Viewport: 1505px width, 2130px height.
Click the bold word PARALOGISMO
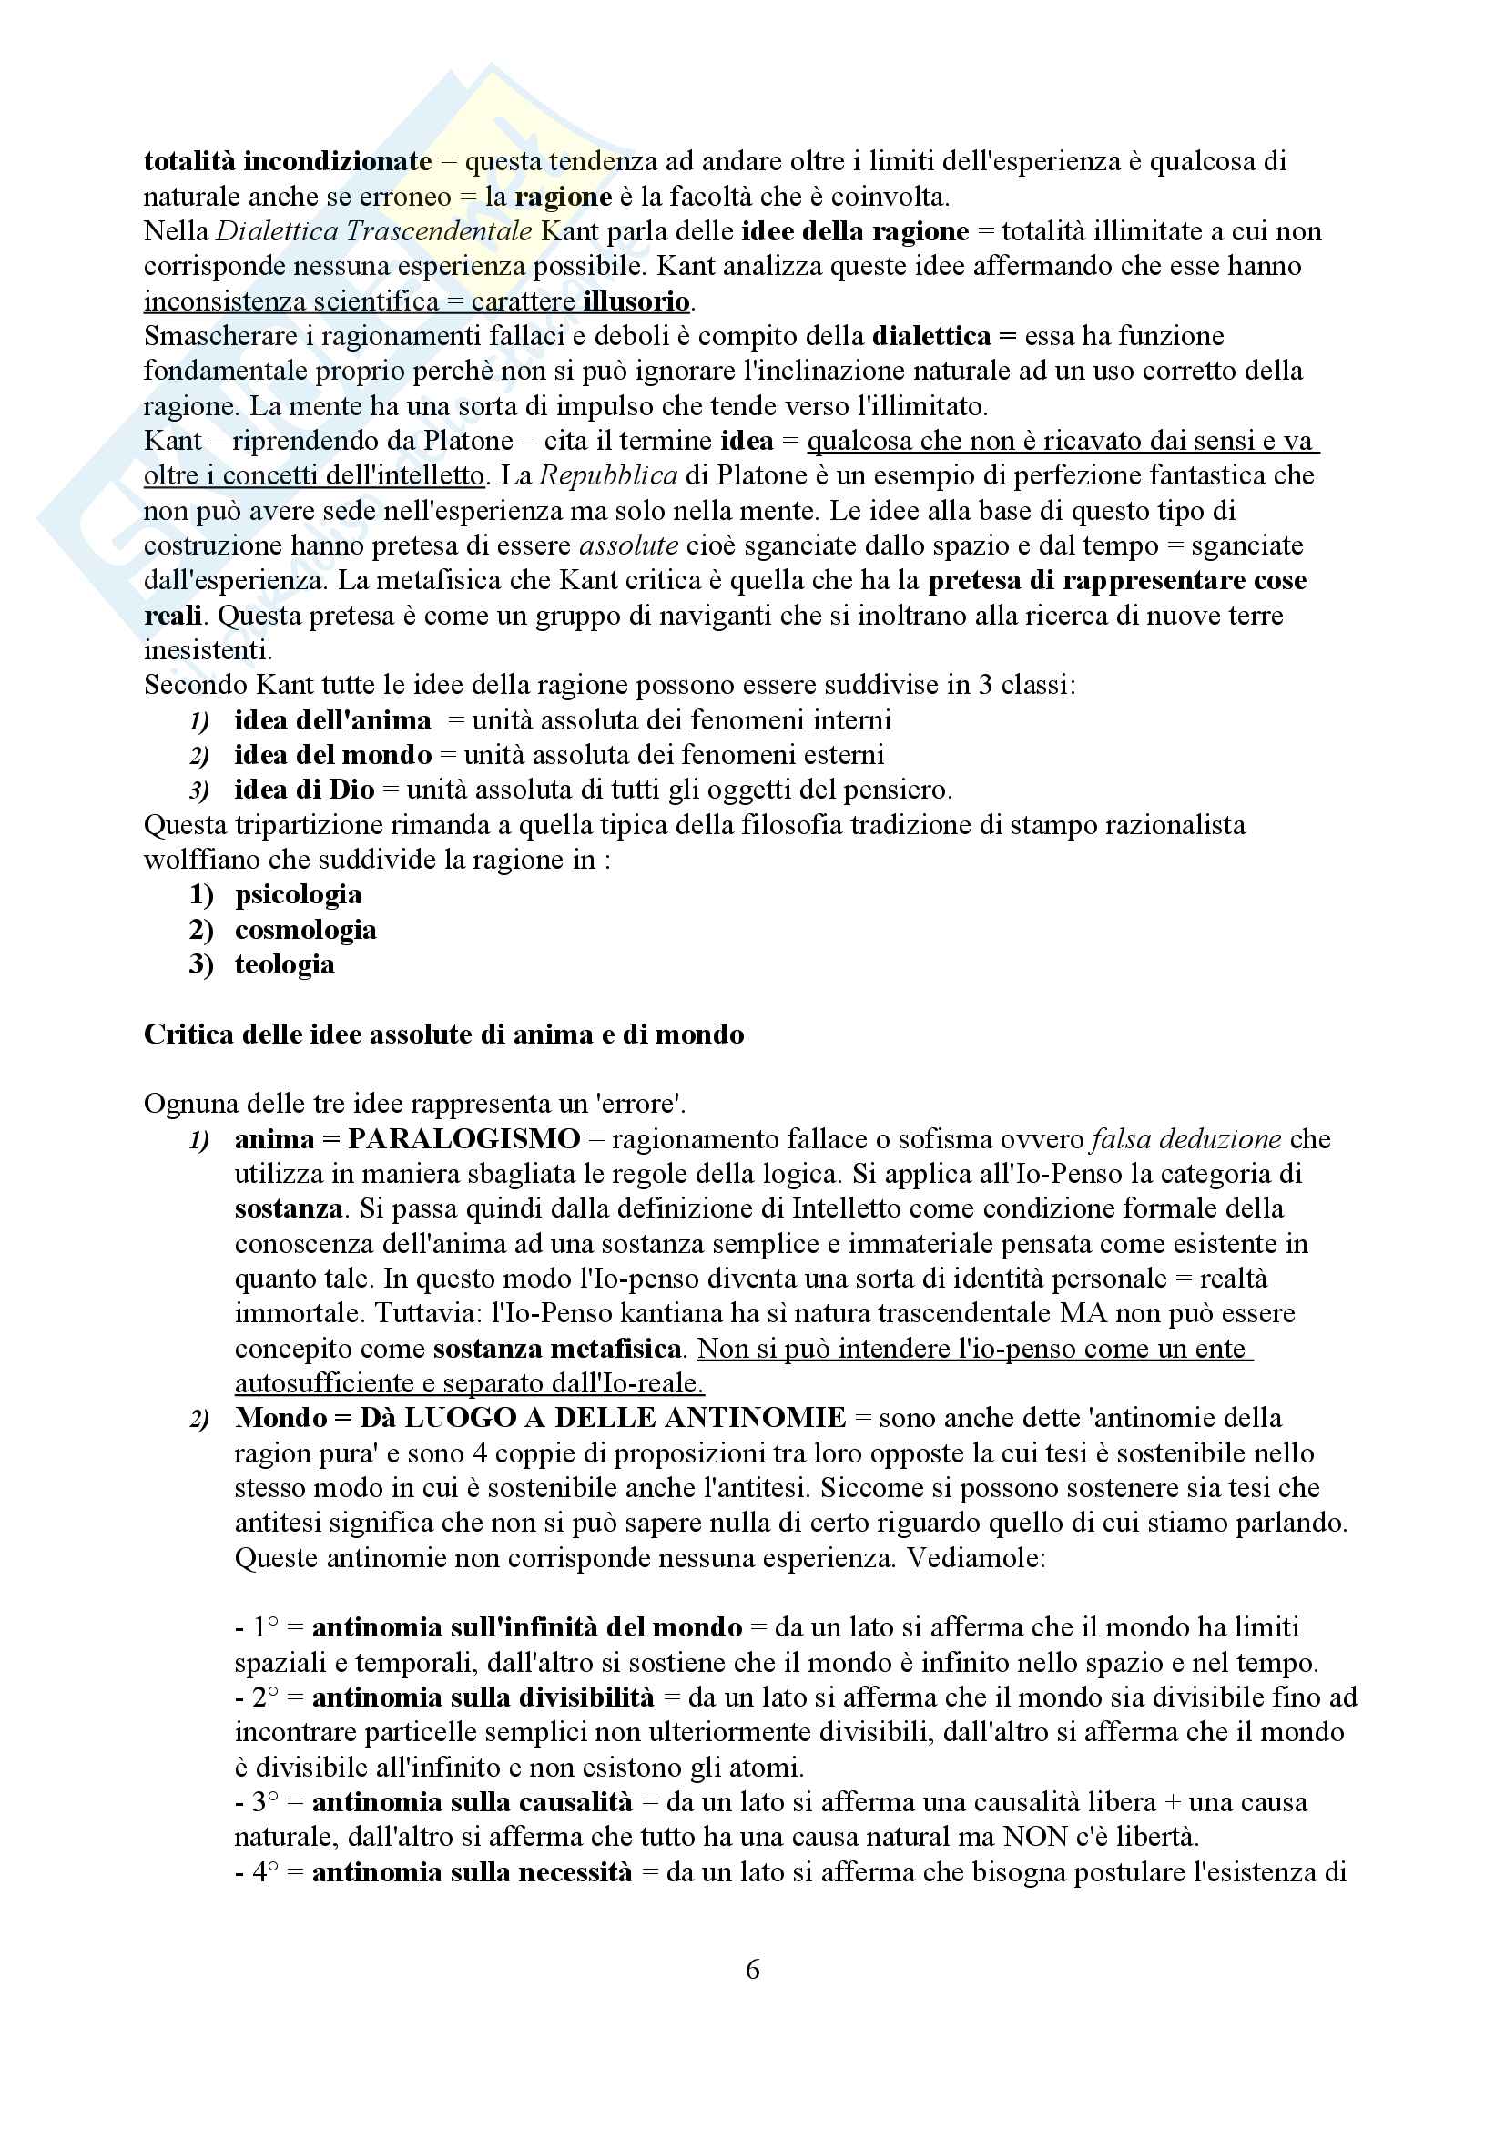(x=463, y=1138)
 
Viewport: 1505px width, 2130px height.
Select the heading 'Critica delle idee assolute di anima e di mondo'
(x=443, y=1034)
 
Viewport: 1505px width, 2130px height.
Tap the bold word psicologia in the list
(x=298, y=894)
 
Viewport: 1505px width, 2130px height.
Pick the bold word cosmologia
(x=305, y=930)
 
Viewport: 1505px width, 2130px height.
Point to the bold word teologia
(x=285, y=963)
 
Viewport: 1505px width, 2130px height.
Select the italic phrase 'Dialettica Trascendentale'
(x=373, y=231)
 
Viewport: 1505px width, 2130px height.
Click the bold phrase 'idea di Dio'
(x=304, y=790)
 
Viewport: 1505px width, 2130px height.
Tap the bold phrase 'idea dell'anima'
(x=332, y=720)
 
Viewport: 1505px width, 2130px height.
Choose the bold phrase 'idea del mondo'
(x=333, y=755)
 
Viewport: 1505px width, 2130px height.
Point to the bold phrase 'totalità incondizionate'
(x=288, y=161)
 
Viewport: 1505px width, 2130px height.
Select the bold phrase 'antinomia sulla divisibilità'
(x=483, y=1697)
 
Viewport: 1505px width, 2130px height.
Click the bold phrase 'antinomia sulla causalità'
(x=471, y=1802)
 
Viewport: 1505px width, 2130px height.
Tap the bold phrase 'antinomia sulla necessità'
(x=471, y=1872)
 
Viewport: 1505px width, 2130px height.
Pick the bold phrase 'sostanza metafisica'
(x=557, y=1348)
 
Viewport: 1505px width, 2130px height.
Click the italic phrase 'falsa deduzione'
(x=1186, y=1138)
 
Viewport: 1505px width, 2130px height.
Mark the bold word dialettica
(x=931, y=336)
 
